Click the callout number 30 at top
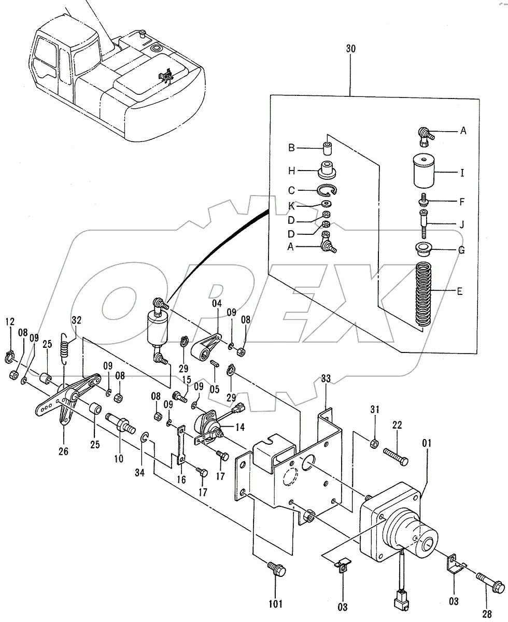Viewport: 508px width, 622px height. pyautogui.click(x=350, y=48)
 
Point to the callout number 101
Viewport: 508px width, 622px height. pyautogui.click(x=275, y=603)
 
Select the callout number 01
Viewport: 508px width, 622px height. pyautogui.click(x=426, y=443)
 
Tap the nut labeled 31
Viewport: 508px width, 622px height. pyautogui.click(x=373, y=442)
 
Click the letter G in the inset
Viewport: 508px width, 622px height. pyautogui.click(x=460, y=250)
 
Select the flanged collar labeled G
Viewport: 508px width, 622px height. pyautogui.click(x=425, y=248)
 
